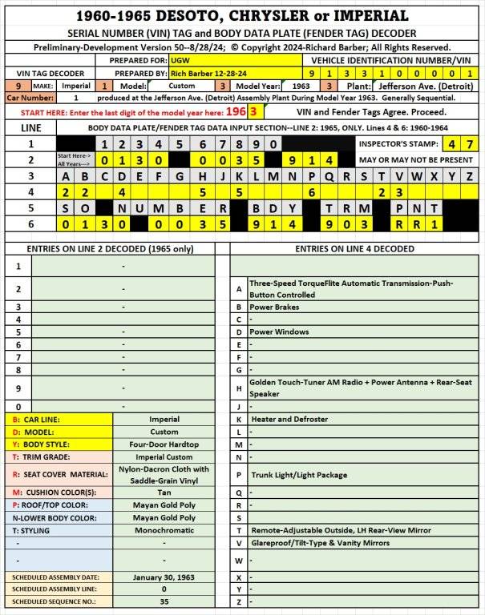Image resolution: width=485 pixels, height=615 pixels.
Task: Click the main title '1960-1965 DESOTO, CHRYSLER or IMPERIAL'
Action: [x=242, y=15]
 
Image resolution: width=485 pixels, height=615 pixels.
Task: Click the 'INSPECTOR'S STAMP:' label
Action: [x=398, y=143]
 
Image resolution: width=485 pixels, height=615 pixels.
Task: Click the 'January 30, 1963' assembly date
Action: [x=164, y=577]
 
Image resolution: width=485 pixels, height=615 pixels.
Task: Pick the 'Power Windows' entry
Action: [x=279, y=331]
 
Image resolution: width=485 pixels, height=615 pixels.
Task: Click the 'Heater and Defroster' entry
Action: [x=289, y=419]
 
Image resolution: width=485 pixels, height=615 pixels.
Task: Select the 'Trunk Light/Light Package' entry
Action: [x=298, y=475]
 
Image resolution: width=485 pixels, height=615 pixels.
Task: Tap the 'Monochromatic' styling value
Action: [x=164, y=530]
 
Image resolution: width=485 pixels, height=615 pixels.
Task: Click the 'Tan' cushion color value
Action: [x=164, y=492]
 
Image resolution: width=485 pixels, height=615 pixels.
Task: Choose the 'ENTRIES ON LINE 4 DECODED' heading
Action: [x=354, y=249]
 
